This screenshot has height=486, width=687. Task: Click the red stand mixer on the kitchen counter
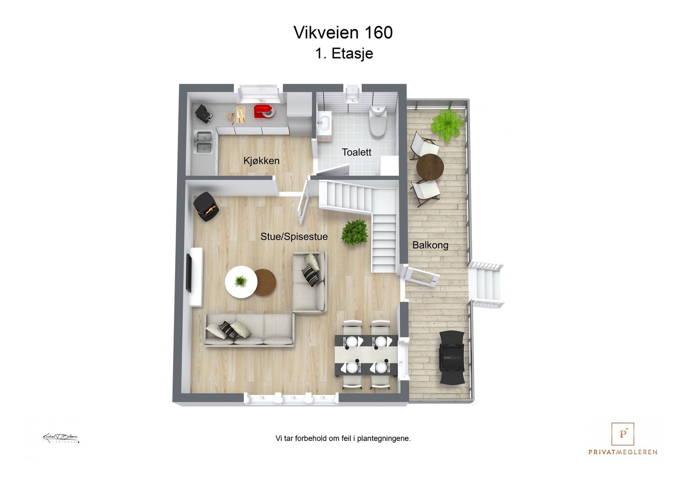click(x=263, y=111)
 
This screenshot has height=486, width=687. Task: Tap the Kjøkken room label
click(x=261, y=161)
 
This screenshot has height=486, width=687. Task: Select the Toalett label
click(x=356, y=152)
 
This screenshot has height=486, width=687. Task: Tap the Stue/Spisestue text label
click(x=294, y=237)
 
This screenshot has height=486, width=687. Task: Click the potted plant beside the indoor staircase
click(x=355, y=232)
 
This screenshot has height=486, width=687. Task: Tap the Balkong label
click(x=430, y=245)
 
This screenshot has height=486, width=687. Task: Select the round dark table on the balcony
click(x=430, y=167)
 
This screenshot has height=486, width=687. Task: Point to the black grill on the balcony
click(x=452, y=357)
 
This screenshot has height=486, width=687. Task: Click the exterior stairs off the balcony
click(x=486, y=284)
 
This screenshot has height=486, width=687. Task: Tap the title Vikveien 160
click(x=343, y=33)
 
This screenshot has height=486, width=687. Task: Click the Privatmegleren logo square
click(x=623, y=434)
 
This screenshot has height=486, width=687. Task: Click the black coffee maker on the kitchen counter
click(x=204, y=113)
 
